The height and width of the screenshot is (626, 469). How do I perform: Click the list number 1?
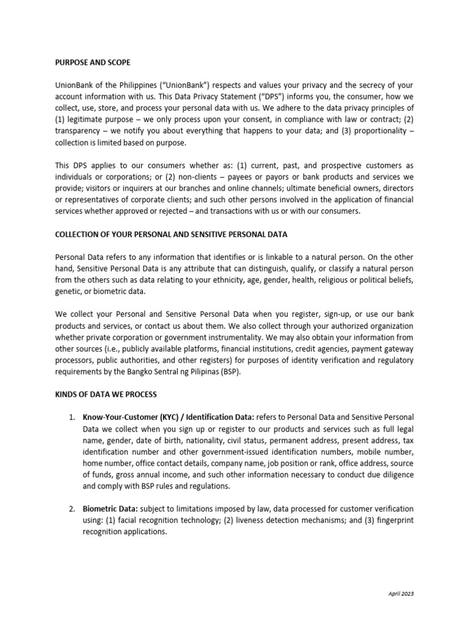(x=71, y=418)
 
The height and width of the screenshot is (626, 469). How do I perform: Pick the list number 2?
(x=71, y=509)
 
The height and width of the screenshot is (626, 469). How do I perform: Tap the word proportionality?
(x=374, y=131)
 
